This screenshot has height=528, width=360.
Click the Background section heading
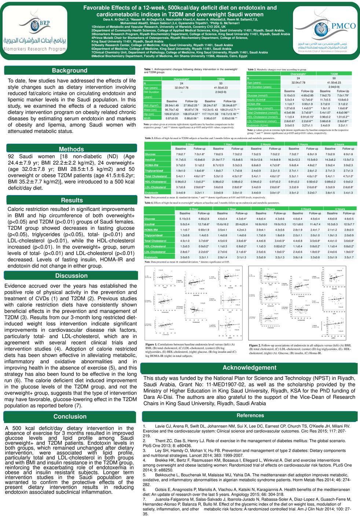(x=69, y=70)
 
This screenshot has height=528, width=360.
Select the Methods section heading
(x=71, y=149)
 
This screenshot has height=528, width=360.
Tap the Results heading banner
(x=72, y=200)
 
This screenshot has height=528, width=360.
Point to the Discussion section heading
(x=71, y=276)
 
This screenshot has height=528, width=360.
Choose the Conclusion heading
(x=70, y=417)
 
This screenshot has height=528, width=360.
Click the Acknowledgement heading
(x=249, y=368)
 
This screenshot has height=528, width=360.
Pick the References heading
(x=250, y=415)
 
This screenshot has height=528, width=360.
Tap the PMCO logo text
(x=343, y=26)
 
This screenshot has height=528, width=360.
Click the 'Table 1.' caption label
(x=148, y=69)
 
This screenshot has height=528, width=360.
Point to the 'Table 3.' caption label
(x=149, y=138)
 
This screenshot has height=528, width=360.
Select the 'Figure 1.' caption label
(x=151, y=345)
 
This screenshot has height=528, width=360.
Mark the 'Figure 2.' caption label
(x=255, y=345)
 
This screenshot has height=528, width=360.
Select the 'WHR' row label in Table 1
(x=147, y=118)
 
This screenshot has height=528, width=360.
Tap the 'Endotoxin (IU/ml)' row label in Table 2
(x=257, y=125)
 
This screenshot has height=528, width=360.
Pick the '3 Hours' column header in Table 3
(x=302, y=144)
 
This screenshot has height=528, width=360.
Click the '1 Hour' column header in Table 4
(x=232, y=209)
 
